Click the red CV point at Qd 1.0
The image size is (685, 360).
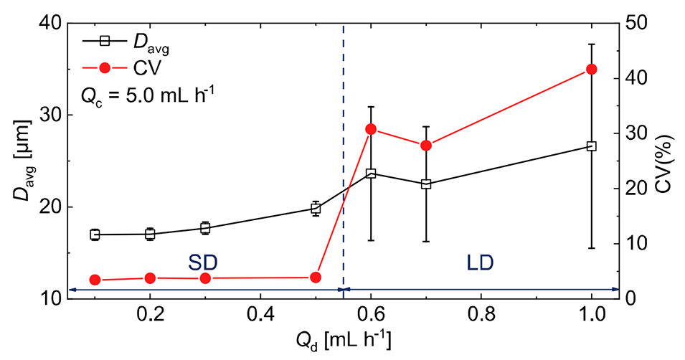click(591, 69)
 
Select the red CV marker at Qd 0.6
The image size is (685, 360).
click(371, 129)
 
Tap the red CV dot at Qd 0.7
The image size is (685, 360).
click(426, 146)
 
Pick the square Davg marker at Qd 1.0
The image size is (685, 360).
click(591, 146)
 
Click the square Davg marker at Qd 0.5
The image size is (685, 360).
click(316, 209)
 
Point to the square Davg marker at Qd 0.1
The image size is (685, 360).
click(95, 235)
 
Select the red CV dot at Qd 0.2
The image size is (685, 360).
click(150, 278)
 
